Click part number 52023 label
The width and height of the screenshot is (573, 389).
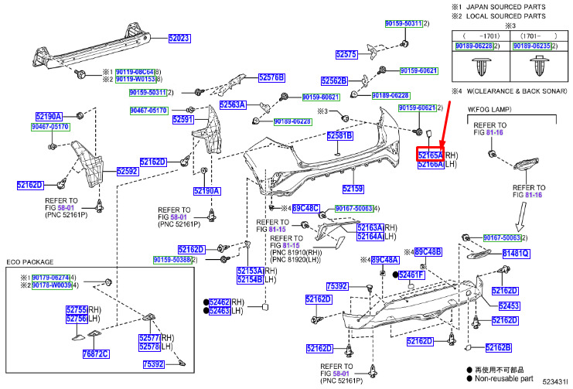[x=179, y=38]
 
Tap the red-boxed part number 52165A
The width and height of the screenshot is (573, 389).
[x=430, y=155]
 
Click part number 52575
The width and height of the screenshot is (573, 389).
[x=346, y=54]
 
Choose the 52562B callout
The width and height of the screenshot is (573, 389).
[x=335, y=80]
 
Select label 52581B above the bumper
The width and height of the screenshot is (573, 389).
[x=339, y=136]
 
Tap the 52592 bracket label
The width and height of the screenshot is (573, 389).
[x=128, y=170]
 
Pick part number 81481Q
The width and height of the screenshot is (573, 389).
[x=516, y=253]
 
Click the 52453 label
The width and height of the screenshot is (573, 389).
[x=509, y=305]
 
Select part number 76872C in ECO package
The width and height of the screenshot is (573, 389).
[x=96, y=353]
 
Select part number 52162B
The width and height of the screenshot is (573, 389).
[x=499, y=348]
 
